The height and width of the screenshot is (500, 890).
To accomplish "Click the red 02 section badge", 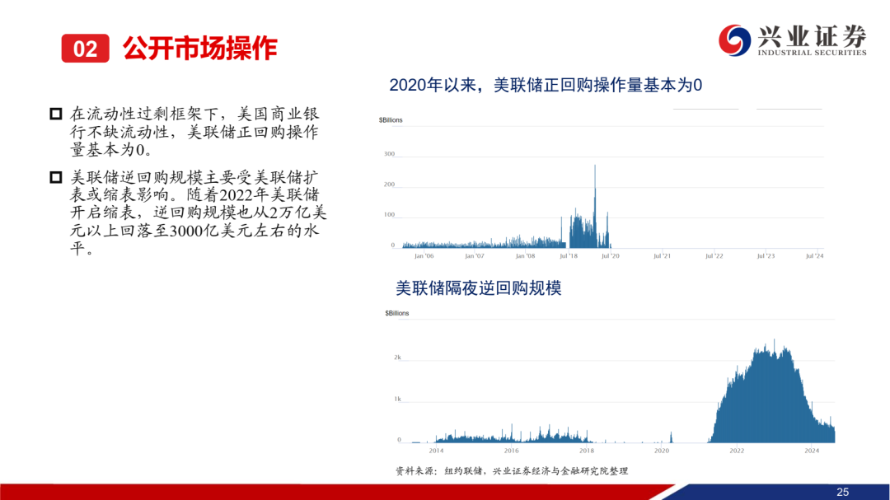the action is click(x=85, y=49).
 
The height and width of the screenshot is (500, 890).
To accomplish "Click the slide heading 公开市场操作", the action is click(x=199, y=49).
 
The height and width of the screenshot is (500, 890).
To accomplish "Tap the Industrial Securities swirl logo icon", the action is click(x=734, y=40).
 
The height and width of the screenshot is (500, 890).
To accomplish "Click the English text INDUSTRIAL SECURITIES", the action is click(x=812, y=53).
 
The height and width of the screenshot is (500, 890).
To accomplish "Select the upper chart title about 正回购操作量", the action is click(x=546, y=85).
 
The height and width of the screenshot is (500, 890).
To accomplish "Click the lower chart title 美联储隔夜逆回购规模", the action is click(x=479, y=287).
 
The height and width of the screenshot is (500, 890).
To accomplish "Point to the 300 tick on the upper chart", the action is click(x=389, y=154).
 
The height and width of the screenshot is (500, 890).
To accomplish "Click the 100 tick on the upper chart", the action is click(x=389, y=214).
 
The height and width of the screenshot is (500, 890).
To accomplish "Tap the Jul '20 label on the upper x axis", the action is click(x=610, y=256).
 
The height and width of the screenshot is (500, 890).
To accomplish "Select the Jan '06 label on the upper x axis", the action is click(x=424, y=256).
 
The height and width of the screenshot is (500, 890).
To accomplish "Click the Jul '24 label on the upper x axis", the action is click(x=814, y=256).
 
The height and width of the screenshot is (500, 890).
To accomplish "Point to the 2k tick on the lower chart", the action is click(x=397, y=357).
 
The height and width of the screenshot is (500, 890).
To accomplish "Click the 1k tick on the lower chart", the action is click(x=397, y=399).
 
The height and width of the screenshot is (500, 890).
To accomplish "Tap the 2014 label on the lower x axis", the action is click(x=436, y=451).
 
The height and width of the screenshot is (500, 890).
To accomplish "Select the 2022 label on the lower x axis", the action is click(x=737, y=451).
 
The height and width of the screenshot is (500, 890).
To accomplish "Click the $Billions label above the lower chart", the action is click(x=396, y=313).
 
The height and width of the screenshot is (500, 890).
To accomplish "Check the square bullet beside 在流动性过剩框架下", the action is click(x=56, y=114).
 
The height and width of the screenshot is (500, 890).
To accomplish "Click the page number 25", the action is click(x=842, y=492).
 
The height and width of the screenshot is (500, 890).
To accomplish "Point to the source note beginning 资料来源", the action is click(x=512, y=471).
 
